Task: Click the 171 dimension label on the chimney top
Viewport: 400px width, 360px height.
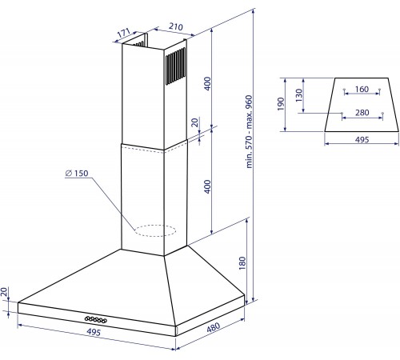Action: pyautogui.click(x=124, y=33)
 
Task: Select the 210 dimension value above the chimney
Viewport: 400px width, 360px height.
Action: pyautogui.click(x=176, y=26)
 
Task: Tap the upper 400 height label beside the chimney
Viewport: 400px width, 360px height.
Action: pyautogui.click(x=207, y=84)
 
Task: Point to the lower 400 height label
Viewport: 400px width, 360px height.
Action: pyautogui.click(x=207, y=186)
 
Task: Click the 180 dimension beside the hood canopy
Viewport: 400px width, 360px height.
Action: pyautogui.click(x=242, y=263)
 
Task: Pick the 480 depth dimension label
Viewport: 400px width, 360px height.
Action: pyautogui.click(x=214, y=327)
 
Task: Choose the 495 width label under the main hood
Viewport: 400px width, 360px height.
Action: pyautogui.click(x=94, y=332)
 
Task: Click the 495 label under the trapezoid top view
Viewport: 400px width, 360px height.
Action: pyautogui.click(x=362, y=139)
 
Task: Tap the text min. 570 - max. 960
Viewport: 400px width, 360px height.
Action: pyautogui.click(x=249, y=132)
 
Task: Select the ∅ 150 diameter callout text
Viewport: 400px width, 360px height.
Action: pyautogui.click(x=77, y=174)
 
